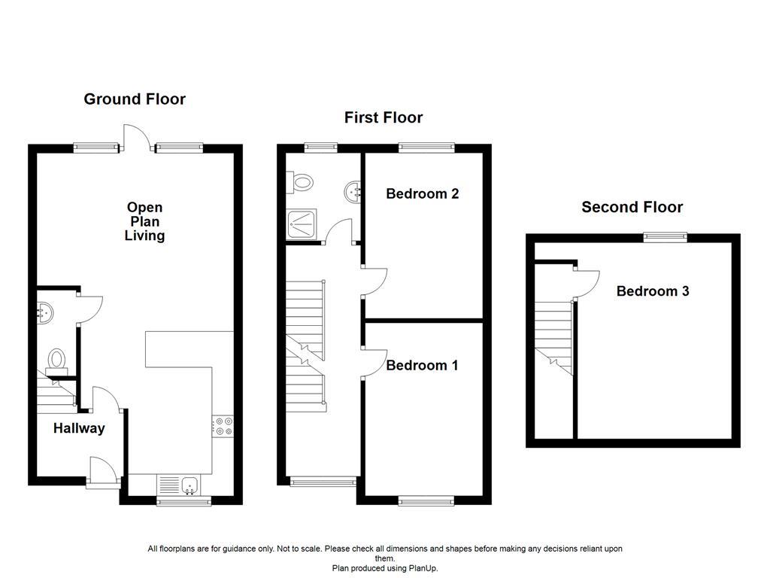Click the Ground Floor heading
pyautogui.click(x=135, y=99)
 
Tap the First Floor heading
pyautogui.click(x=383, y=117)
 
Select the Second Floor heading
pyautogui.click(x=632, y=207)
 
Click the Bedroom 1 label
pyautogui.click(x=422, y=365)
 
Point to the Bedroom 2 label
pyautogui.click(x=423, y=193)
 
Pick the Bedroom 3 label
pyautogui.click(x=653, y=291)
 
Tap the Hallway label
pyautogui.click(x=79, y=428)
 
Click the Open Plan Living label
pyautogui.click(x=144, y=222)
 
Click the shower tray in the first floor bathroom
pyautogui.click(x=302, y=224)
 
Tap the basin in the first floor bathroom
pyautogui.click(x=353, y=192)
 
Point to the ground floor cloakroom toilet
pyautogui.click(x=56, y=362)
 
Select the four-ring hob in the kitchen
pyautogui.click(x=223, y=426)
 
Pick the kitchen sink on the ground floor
pyautogui.click(x=189, y=485)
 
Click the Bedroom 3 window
pyautogui.click(x=665, y=237)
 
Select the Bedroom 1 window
pyautogui.click(x=426, y=500)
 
